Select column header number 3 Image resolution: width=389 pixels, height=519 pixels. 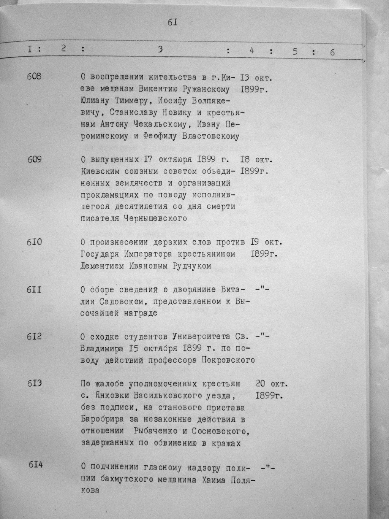(x=160, y=49)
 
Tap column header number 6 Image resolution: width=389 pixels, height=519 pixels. (x=332, y=52)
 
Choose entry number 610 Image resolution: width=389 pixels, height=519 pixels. (x=34, y=242)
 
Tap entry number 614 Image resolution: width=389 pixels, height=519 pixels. (x=36, y=466)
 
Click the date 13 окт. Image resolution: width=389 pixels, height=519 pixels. (x=256, y=78)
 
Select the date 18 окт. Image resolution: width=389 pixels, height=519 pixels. (x=256, y=160)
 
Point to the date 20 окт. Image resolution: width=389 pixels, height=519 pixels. (x=271, y=383)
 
